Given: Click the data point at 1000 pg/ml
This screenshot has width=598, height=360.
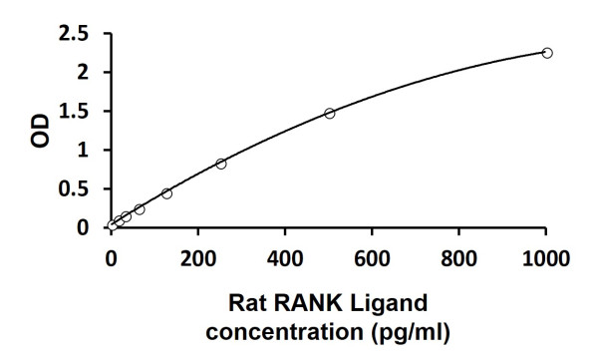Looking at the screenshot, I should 546,52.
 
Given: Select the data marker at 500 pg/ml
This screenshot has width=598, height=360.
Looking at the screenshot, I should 329,114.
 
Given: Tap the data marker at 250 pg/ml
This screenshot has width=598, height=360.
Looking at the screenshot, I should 220,164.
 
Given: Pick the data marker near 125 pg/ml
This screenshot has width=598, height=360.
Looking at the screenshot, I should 166,193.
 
